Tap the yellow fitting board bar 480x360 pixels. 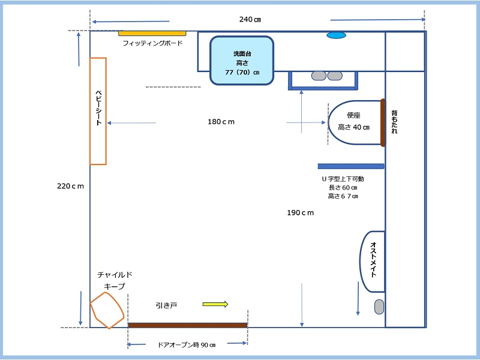click(152, 33)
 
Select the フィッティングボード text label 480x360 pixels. click(152, 43)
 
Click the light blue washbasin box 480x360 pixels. click(242, 60)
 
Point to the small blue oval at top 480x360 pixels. click(336, 35)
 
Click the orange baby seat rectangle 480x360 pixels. click(98, 111)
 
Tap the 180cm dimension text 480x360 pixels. click(221, 122)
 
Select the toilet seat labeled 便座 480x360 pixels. click(354, 122)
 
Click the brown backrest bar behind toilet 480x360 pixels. click(382, 122)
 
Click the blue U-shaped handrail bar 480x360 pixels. click(351, 166)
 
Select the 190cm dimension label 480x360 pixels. click(301, 213)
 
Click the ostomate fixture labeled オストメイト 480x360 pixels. click(372, 259)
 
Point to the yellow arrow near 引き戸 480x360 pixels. click(215, 304)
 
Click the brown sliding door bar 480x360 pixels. click(188, 325)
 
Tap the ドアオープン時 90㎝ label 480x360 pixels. click(187, 345)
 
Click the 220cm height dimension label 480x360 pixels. click(70, 186)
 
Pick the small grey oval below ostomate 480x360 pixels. click(379, 307)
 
